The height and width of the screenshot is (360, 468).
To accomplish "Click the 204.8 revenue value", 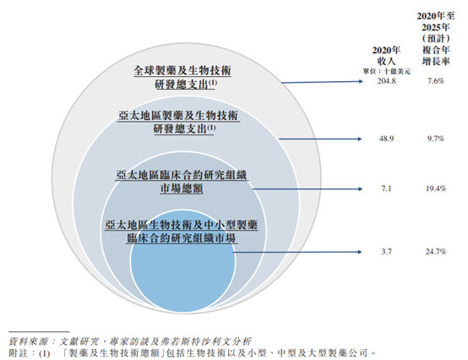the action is click(386, 81).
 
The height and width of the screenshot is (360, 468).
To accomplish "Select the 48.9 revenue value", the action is click(386, 139).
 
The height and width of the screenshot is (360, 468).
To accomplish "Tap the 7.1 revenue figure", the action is click(386, 188).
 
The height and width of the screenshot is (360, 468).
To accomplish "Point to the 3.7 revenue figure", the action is click(386, 252).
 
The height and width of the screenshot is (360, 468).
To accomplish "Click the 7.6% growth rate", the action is click(436, 81).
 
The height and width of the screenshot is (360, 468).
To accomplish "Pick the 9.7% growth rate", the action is click(436, 139).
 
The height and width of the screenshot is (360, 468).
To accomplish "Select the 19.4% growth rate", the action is click(436, 188).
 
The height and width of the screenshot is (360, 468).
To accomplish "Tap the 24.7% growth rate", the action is click(436, 252).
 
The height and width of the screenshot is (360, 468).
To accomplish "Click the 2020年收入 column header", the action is click(386, 56).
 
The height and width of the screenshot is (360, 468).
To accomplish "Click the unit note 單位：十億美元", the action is click(387, 71).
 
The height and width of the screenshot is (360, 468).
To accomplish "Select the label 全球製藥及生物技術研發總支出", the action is click(182, 78).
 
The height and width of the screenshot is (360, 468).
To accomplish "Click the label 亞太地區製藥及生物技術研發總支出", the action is click(178, 122).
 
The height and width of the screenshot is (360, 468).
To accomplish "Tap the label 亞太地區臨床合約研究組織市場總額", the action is click(182, 182).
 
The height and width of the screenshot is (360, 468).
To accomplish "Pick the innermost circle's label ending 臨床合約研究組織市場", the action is click(182, 232).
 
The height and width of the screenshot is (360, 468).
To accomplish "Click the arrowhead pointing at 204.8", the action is click(362, 81).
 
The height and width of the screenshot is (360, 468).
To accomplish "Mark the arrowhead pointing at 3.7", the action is click(360, 252).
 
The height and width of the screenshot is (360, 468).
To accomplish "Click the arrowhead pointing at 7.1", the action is click(361, 188).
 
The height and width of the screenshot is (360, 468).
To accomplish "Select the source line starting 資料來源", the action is click(130, 341).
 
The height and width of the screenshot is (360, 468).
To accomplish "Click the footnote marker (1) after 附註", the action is click(44, 353).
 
